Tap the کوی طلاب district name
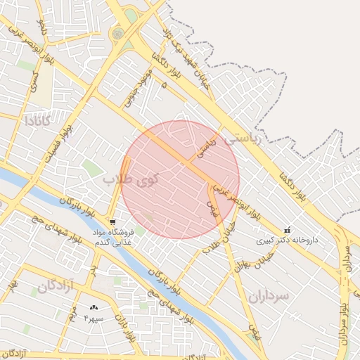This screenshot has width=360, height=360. click(x=131, y=179)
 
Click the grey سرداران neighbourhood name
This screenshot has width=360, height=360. click(x=269, y=296)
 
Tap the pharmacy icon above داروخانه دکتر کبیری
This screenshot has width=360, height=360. click(x=286, y=230)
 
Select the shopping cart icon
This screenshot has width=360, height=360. click(x=112, y=222)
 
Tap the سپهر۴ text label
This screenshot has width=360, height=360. click(x=94, y=318)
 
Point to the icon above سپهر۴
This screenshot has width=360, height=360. click(x=94, y=307)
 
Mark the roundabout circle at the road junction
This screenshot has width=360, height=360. click(x=117, y=33)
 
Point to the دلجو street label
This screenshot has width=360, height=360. click(x=42, y=29)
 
